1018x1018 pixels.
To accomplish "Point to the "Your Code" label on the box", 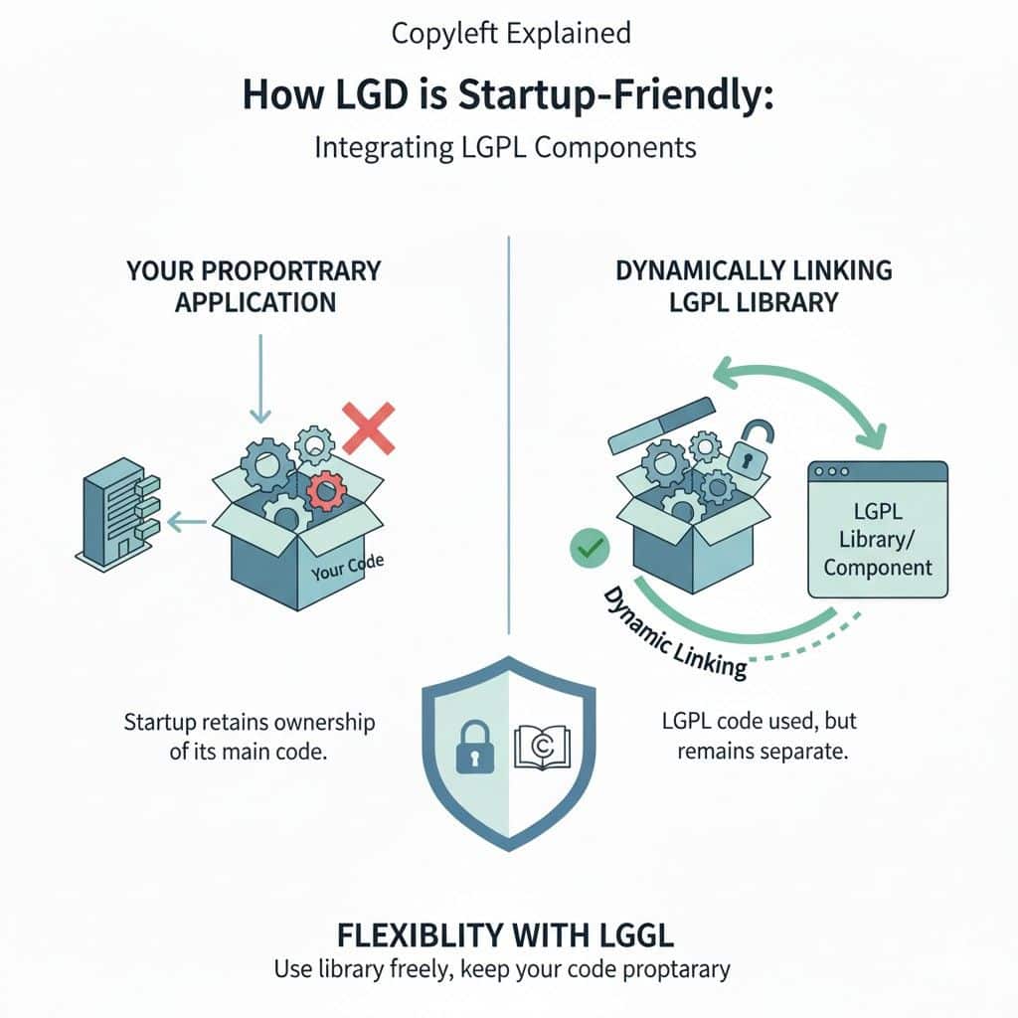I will [x=347, y=569].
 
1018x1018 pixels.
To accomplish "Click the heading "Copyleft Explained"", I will [x=511, y=33].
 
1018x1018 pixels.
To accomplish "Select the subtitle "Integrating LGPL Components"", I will [x=505, y=148].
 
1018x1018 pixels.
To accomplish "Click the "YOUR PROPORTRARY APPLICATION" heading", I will [x=254, y=285].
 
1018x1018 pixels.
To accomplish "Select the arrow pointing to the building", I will [x=187, y=518].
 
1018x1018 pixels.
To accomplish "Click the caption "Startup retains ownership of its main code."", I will [x=250, y=736].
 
